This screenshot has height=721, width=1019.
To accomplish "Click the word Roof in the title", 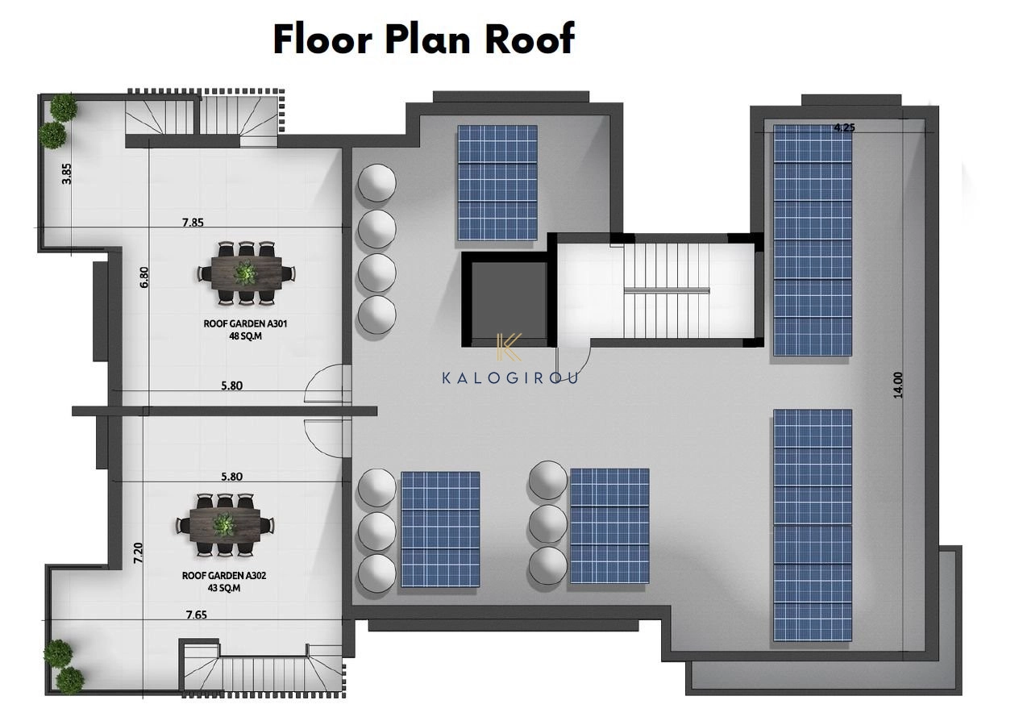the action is click(530, 40).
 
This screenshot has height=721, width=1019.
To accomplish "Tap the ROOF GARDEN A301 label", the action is click(245, 323).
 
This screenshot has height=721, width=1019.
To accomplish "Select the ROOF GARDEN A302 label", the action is click(224, 575).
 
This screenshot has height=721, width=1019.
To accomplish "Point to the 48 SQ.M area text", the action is click(245, 336).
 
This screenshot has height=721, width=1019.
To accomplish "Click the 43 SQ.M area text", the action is click(224, 588).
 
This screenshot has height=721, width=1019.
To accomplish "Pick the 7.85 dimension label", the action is click(193, 223).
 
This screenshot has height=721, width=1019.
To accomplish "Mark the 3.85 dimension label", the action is click(66, 174).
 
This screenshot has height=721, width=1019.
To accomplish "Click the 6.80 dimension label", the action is click(143, 277).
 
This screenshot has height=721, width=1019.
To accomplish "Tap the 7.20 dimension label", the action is click(139, 553).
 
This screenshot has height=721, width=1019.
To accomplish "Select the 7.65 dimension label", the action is click(197, 615).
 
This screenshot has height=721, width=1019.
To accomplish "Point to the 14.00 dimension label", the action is click(897, 385).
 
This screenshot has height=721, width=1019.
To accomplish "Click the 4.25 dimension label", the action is click(844, 128).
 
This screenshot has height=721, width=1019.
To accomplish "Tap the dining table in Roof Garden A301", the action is click(246, 273).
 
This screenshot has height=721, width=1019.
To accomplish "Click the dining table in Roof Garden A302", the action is click(225, 525).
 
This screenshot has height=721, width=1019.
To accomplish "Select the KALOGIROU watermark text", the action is click(510, 377).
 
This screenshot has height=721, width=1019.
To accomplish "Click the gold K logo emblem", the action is click(509, 348).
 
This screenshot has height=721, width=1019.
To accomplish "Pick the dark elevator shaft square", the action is click(509, 300).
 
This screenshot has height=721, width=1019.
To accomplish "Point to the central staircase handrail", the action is click(667, 290).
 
